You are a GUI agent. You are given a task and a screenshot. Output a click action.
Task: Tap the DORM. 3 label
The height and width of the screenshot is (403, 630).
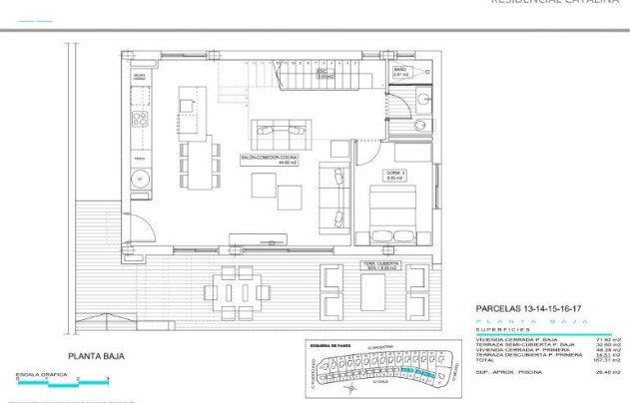pyautogui.click(x=395, y=175)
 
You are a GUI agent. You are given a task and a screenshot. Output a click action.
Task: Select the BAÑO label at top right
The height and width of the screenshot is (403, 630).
pyautogui.click(x=398, y=73)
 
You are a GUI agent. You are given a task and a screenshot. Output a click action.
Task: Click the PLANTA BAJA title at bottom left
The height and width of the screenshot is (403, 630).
pyautogui.click(x=95, y=355)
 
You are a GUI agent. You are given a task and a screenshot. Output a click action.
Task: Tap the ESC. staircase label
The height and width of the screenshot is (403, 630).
pyautogui.click(x=322, y=74)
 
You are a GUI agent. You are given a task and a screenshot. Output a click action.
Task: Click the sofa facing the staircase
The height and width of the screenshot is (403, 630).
pyautogui.click(x=283, y=131)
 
